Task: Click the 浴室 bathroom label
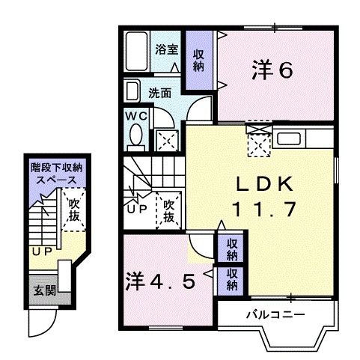click(x=165, y=49)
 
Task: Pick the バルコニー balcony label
click(x=274, y=314)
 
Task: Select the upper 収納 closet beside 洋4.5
click(x=233, y=249)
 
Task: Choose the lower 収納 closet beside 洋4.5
click(x=233, y=278)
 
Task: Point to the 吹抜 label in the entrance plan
click(x=73, y=209)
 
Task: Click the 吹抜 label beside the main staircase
click(x=168, y=210)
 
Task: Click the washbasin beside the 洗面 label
click(x=132, y=92)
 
